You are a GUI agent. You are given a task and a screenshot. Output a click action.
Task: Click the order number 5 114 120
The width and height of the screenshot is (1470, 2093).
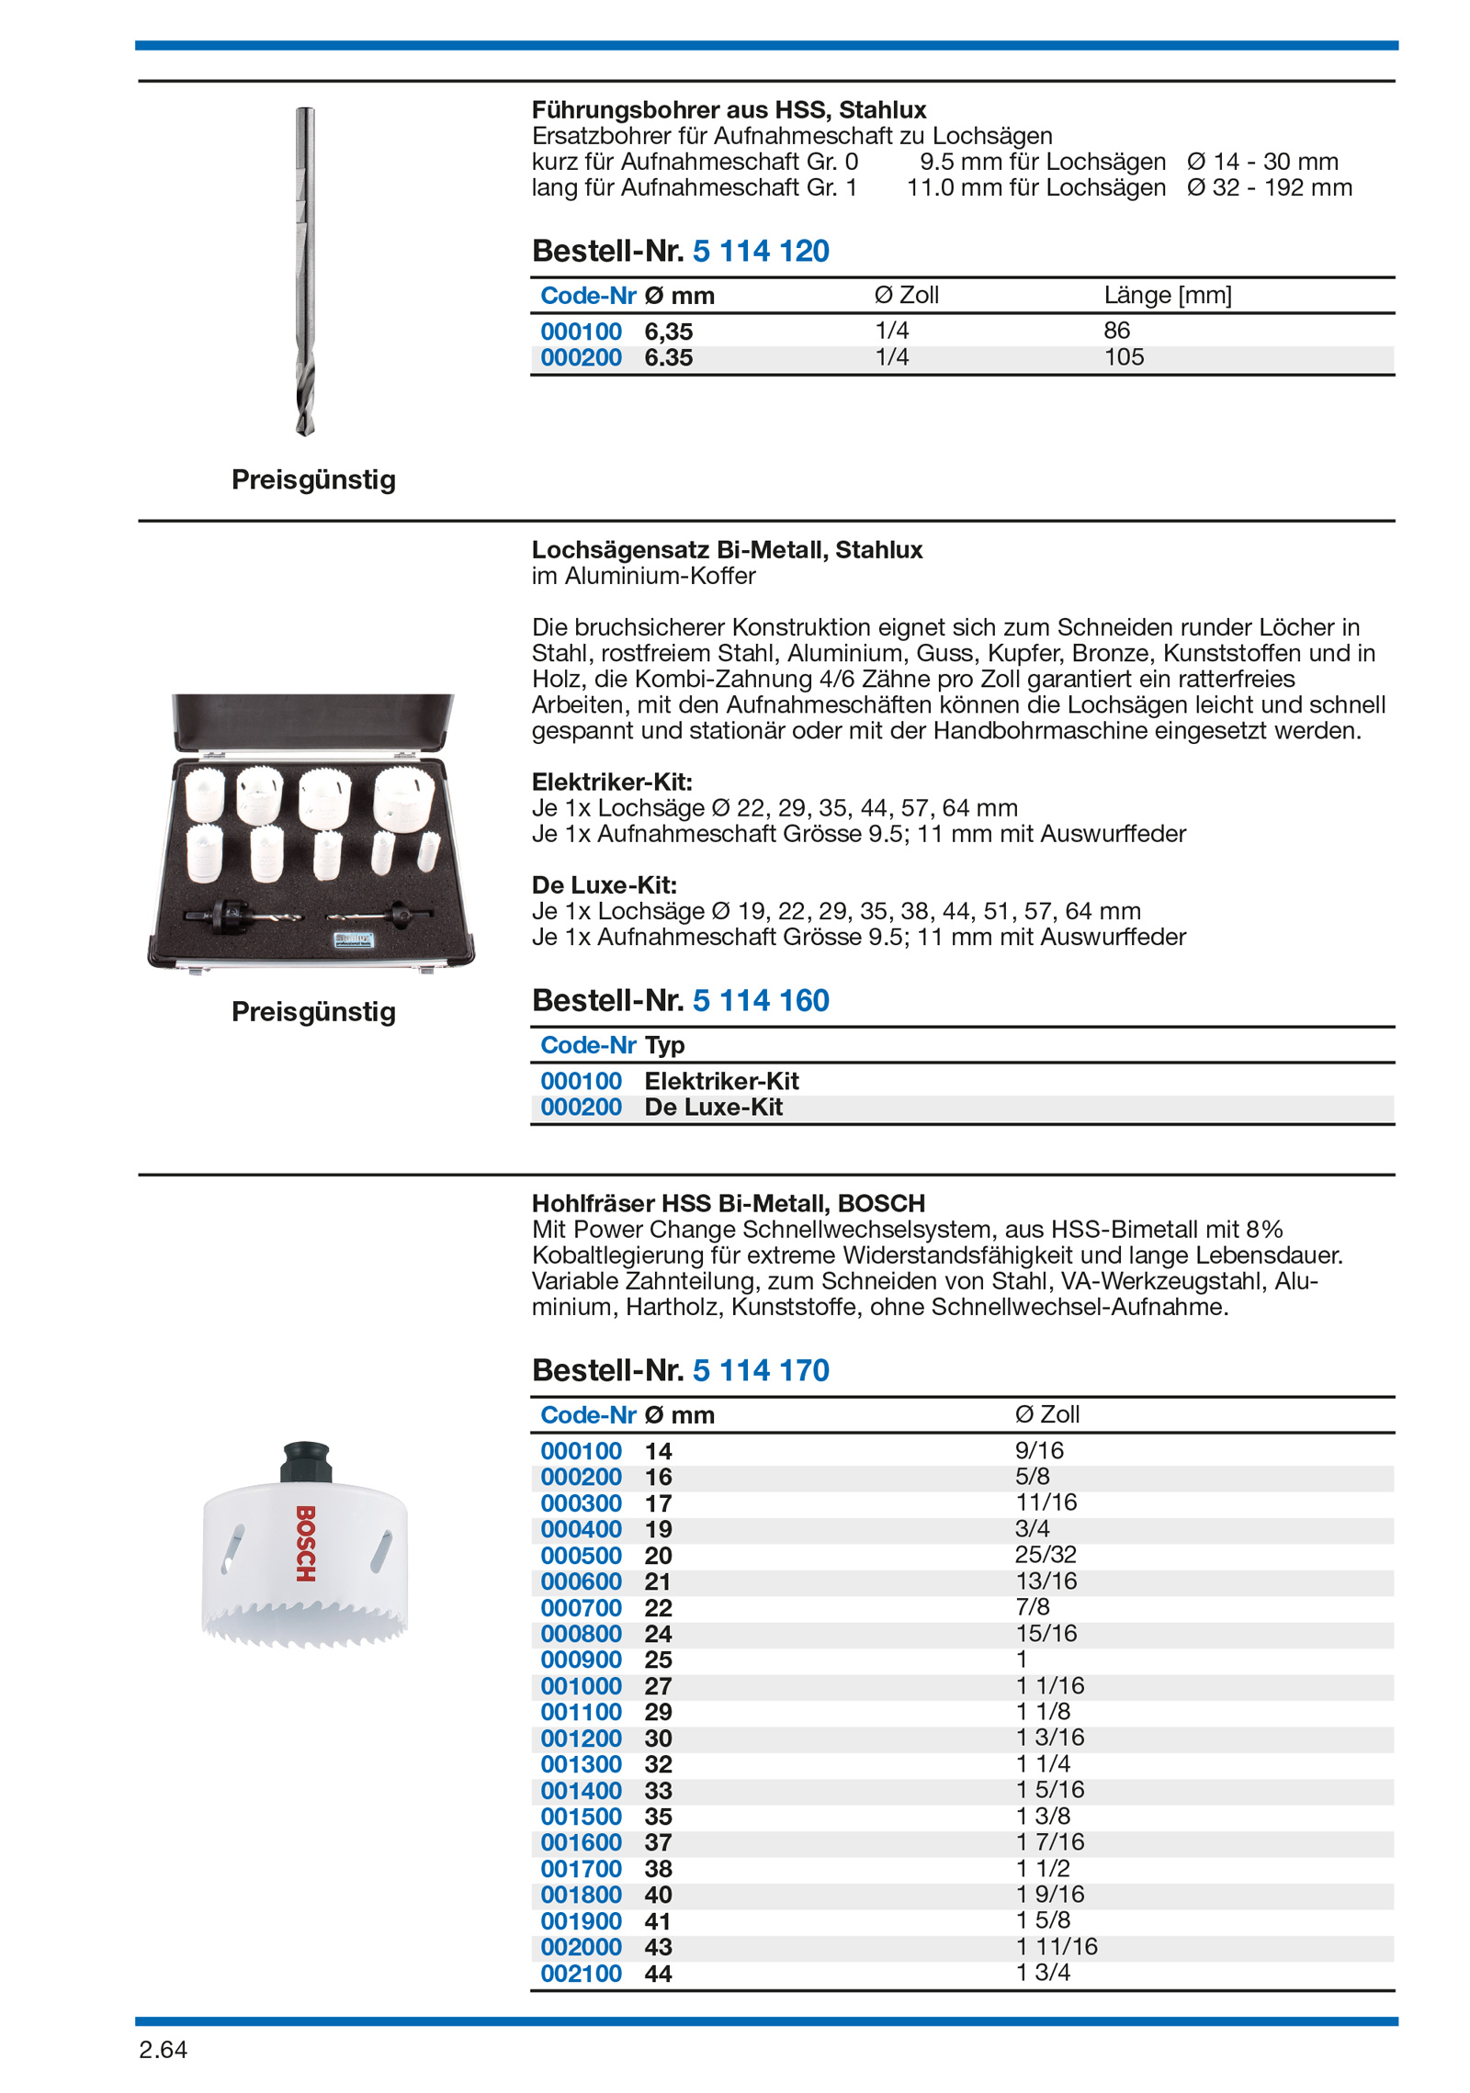(760, 251)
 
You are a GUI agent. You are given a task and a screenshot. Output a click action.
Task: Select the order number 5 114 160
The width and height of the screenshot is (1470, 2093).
(760, 1000)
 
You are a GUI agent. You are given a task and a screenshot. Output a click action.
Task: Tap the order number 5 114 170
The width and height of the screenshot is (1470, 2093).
(760, 1370)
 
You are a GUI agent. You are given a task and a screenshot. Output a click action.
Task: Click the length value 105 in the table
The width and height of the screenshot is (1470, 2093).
(1124, 357)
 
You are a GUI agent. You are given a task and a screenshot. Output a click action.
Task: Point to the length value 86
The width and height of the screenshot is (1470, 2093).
(1116, 331)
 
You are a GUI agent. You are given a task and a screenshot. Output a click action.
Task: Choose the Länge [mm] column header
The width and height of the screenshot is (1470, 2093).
(1167, 295)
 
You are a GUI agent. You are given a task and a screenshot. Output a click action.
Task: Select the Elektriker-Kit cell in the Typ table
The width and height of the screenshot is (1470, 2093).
(721, 1081)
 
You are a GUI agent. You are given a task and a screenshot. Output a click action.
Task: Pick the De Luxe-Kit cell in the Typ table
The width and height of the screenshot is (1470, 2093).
(713, 1108)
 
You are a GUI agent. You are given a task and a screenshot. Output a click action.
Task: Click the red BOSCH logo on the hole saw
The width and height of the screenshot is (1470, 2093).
(306, 1543)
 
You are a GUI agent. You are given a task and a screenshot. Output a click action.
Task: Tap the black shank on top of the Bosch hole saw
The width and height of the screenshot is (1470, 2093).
(306, 1461)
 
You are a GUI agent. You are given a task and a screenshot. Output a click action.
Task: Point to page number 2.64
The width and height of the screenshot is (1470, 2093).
(163, 2050)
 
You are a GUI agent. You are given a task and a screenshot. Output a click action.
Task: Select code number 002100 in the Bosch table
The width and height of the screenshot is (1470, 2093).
(581, 1974)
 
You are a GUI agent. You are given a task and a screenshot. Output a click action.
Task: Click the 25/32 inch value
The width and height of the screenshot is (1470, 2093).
(1046, 1555)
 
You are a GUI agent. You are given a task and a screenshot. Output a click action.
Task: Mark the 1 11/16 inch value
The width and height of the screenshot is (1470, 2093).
(1057, 1947)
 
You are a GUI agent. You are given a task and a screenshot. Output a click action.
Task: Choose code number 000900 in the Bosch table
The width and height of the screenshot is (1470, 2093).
(581, 1660)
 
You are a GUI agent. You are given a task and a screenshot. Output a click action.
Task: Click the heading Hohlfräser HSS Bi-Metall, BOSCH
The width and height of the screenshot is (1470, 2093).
(728, 1203)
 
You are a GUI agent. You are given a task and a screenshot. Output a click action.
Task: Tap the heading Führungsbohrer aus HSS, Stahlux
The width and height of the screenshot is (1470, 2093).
(729, 110)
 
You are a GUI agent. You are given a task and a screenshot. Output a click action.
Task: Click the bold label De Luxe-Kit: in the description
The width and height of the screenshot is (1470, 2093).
(604, 885)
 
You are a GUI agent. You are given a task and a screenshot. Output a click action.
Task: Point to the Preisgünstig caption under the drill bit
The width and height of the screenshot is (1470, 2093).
(313, 479)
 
